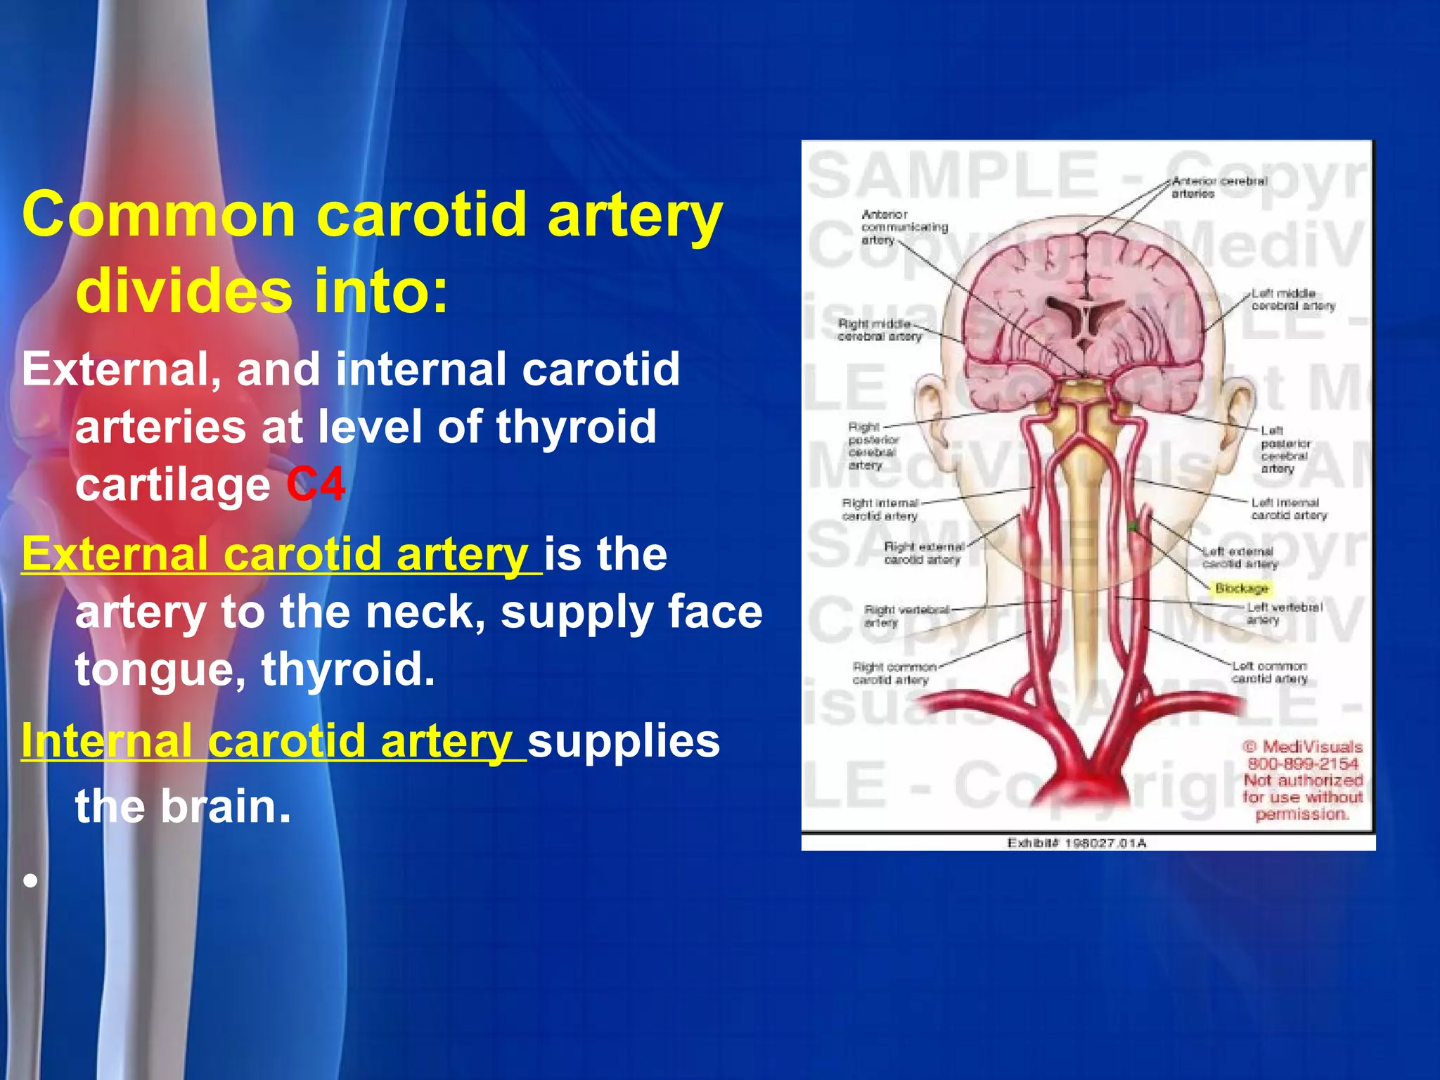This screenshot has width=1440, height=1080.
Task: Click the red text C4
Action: click(316, 484)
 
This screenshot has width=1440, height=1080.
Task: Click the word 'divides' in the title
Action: click(184, 290)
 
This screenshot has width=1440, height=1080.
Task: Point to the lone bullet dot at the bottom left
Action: click(30, 880)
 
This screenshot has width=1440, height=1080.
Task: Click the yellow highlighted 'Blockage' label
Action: click(1242, 588)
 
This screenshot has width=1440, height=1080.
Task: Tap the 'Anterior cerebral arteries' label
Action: click(1219, 187)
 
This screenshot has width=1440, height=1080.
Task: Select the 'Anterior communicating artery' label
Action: click(903, 227)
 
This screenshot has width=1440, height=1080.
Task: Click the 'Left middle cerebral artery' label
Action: click(1292, 300)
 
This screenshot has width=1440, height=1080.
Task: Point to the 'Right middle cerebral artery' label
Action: click(879, 330)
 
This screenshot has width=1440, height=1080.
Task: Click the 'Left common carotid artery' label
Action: click(1269, 672)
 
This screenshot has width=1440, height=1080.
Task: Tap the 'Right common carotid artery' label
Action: click(893, 673)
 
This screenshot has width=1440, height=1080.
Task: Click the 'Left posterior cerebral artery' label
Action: click(1285, 449)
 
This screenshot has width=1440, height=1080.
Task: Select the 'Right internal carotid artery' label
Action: click(880, 509)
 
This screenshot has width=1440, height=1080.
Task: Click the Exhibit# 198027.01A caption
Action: click(1076, 842)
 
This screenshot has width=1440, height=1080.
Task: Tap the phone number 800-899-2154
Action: click(1302, 764)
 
